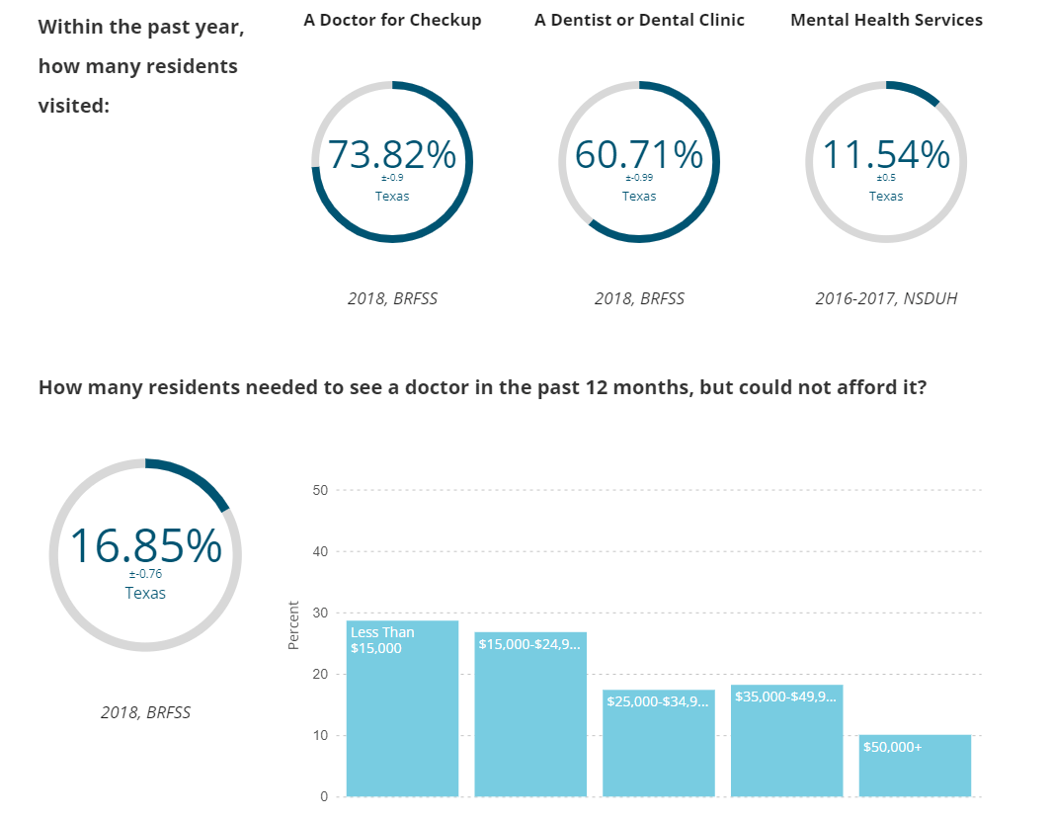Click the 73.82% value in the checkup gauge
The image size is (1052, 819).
tap(392, 155)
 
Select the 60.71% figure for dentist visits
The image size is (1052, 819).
tap(639, 155)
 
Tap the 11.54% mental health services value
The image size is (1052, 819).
tap(886, 155)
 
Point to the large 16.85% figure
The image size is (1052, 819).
tap(145, 546)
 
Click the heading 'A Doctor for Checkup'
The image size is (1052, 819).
tap(392, 20)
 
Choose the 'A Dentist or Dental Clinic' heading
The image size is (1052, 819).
tap(639, 20)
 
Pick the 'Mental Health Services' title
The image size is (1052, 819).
tap(886, 20)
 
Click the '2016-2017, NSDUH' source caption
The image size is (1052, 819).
tap(886, 298)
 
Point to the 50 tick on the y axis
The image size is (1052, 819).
tap(320, 490)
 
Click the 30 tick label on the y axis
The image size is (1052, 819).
tap(320, 613)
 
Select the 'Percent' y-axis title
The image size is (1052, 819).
tap(293, 625)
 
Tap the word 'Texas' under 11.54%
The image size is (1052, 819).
tap(886, 196)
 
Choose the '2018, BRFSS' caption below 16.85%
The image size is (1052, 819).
tap(145, 711)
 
